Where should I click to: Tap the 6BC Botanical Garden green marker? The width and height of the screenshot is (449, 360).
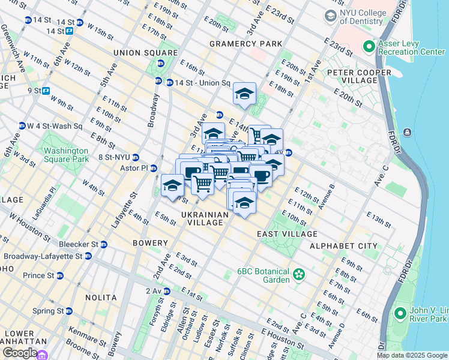[298, 275]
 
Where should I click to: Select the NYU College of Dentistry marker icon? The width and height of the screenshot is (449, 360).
[330, 15]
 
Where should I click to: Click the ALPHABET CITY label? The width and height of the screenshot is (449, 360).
[343, 246]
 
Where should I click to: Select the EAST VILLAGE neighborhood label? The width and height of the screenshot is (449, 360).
[287, 233]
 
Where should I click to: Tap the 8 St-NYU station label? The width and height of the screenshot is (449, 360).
[114, 157]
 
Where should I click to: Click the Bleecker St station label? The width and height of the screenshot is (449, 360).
[79, 244]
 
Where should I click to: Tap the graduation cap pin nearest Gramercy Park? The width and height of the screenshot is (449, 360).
[244, 95]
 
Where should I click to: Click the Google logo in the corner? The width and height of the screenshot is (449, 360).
[19, 353]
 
